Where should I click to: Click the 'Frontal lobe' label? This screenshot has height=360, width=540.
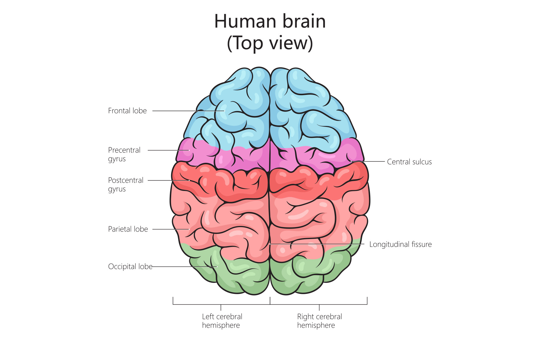coord(127,111)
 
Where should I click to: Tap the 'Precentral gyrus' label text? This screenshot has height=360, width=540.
coord(124,154)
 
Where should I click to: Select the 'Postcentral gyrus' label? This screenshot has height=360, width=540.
coord(126,184)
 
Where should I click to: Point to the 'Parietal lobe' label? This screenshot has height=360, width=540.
coord(128,229)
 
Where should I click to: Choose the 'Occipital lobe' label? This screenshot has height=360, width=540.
coord(130,267)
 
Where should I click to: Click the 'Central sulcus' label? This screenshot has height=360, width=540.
coord(409,162)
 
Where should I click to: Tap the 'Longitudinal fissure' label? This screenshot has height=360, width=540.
coord(400,244)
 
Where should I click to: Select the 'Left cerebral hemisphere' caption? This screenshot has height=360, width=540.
coord(222,321)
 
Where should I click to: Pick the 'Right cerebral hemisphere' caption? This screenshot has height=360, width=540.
coord(319,321)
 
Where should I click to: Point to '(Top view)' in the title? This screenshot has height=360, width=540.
coord(270,43)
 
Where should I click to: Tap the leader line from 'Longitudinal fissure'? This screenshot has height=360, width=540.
coord(320,244)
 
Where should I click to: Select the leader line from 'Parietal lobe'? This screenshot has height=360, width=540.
coord(169,229)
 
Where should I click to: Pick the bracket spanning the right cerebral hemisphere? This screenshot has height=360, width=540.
coord(341,305)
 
